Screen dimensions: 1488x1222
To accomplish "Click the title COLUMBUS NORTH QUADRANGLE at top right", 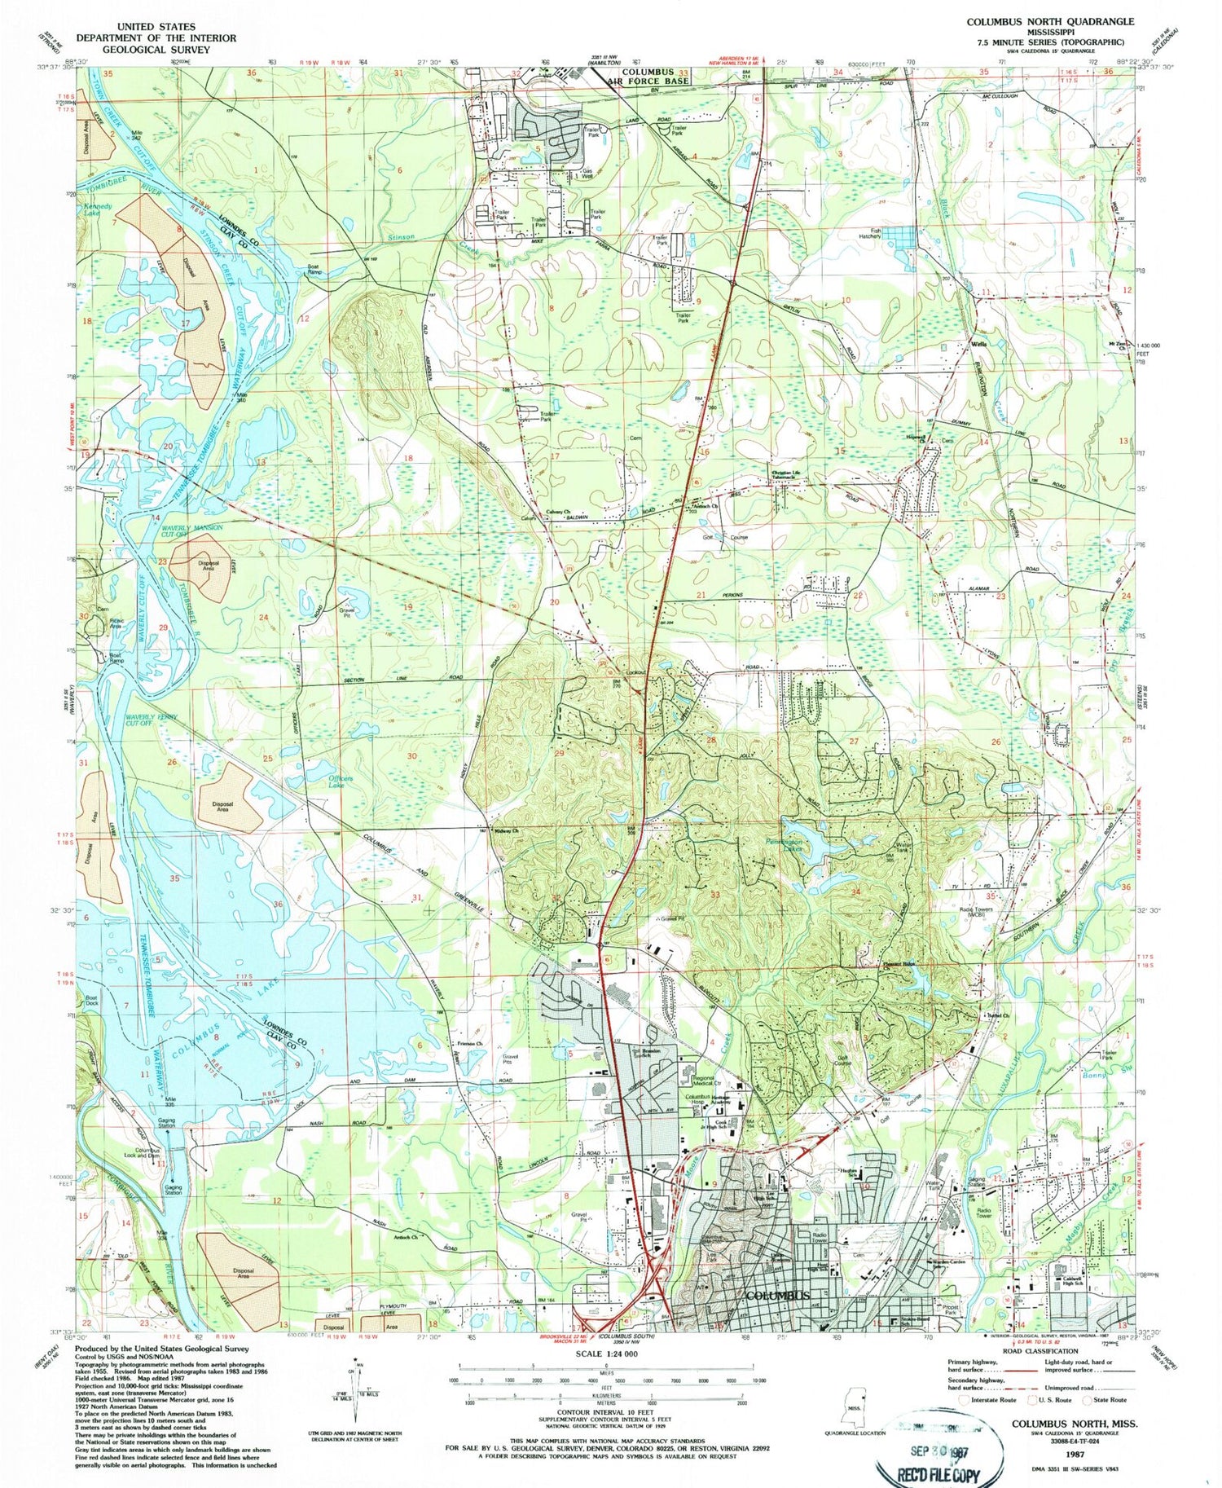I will [1049, 22].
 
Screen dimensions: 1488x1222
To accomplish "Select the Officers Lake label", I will [341, 781].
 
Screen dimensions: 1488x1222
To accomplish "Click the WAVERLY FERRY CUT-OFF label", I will [151, 720].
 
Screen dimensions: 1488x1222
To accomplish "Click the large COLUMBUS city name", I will [778, 1296].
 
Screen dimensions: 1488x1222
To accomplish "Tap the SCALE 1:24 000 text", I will [607, 1354].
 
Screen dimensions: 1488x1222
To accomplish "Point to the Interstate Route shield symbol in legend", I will [966, 1400].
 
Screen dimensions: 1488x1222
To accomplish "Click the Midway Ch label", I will [505, 831].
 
